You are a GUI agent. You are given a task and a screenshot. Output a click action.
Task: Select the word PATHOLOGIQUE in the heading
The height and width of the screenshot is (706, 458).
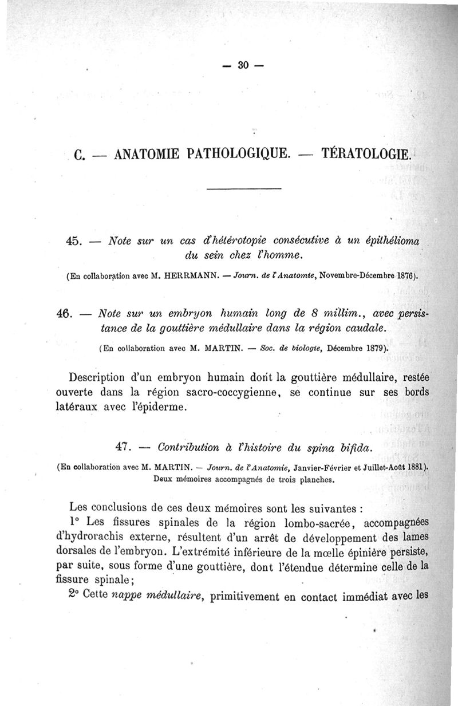(240, 155)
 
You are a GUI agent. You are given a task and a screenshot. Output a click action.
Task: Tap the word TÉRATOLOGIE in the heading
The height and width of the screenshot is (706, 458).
(366, 154)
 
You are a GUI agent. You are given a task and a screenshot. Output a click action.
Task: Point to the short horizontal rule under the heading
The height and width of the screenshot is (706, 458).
(243, 189)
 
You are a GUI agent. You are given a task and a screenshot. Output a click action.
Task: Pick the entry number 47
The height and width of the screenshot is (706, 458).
(125, 446)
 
